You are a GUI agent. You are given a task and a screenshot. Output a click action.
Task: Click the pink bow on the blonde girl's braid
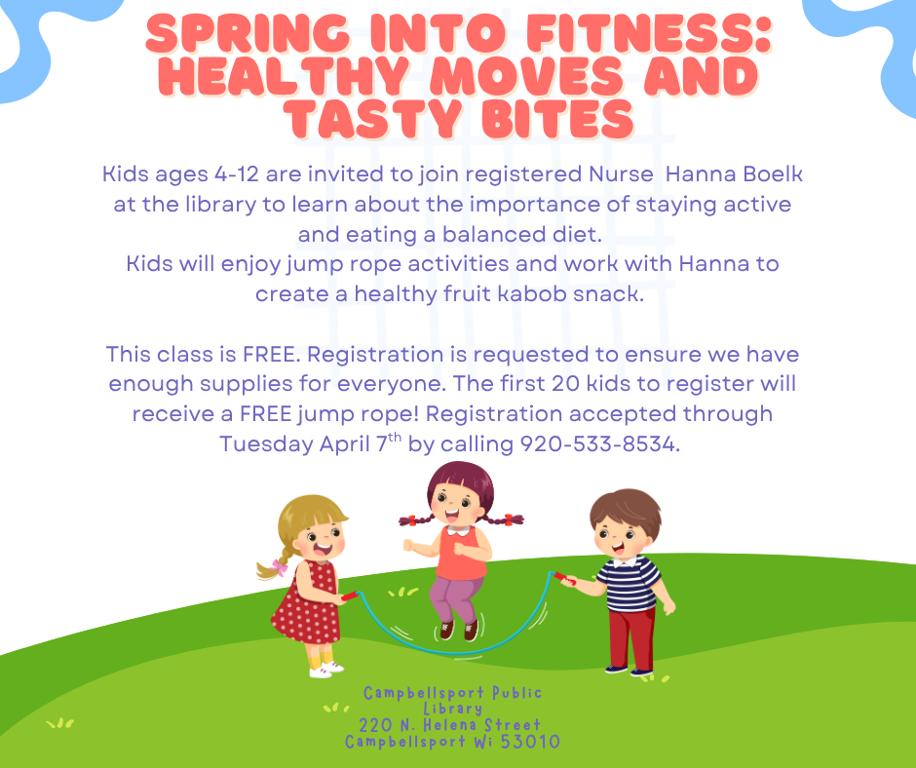tap(280, 567)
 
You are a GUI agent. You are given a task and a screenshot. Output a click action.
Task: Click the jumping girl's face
tap(459, 505)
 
